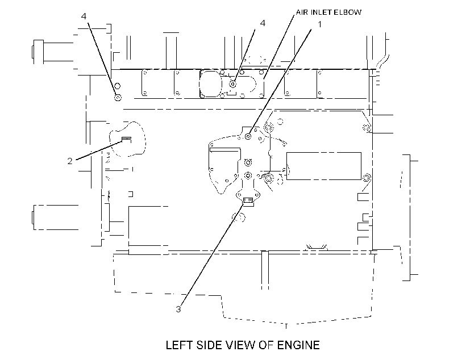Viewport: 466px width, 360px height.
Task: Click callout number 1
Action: (x=320, y=24)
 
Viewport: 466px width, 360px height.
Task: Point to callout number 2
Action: (x=70, y=161)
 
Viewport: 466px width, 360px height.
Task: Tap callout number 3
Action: (x=178, y=309)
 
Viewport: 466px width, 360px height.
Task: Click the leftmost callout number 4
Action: (x=84, y=16)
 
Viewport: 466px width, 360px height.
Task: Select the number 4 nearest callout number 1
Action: (x=263, y=23)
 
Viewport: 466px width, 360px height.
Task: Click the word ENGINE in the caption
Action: (x=298, y=345)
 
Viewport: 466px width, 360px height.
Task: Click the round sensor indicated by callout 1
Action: (x=248, y=136)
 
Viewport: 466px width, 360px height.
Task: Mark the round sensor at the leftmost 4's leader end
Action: (x=118, y=98)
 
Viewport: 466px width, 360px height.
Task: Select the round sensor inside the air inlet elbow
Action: (x=234, y=85)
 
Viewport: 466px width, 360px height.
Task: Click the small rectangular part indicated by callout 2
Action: (x=127, y=140)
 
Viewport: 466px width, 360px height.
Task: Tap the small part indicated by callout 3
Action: (x=248, y=200)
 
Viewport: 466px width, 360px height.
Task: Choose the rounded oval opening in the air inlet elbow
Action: (x=200, y=84)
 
